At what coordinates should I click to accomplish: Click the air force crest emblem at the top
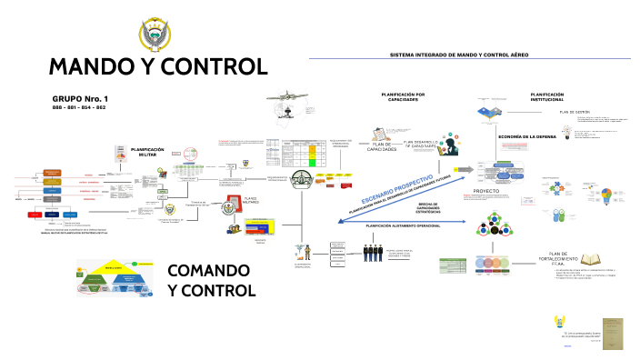[x=159, y=36]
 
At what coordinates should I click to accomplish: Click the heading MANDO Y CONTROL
[x=158, y=67]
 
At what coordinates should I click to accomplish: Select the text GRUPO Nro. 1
[x=80, y=97]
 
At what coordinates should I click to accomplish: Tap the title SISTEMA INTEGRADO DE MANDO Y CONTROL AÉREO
[x=459, y=55]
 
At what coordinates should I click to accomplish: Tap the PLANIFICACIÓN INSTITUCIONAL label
[x=553, y=95]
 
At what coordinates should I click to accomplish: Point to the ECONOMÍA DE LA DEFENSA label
[x=526, y=136]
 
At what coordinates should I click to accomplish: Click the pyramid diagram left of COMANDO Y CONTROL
[x=115, y=281]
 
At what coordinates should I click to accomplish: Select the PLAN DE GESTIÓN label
[x=575, y=112]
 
